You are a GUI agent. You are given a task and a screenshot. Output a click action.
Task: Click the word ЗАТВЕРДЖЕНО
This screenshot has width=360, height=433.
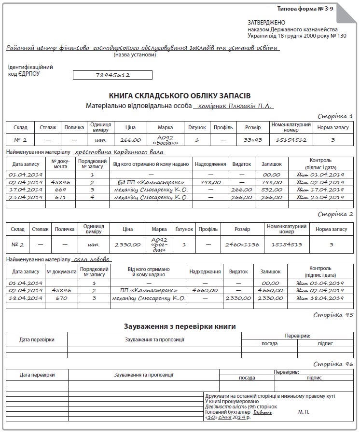tap(266, 23)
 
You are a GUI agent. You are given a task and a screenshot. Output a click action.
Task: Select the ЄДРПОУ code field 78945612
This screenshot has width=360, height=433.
tap(113, 75)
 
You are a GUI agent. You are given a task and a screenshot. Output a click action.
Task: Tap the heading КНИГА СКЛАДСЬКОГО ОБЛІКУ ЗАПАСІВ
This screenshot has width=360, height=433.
tap(180, 96)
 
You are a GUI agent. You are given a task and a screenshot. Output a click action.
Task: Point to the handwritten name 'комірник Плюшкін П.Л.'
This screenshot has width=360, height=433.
tap(235, 106)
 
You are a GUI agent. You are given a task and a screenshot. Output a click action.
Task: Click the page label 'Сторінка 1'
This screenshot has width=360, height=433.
tap(336, 116)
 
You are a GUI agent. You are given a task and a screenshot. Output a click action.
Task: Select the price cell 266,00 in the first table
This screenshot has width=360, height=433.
tap(130, 140)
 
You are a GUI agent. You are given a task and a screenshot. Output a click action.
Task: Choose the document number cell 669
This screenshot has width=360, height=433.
tap(60, 190)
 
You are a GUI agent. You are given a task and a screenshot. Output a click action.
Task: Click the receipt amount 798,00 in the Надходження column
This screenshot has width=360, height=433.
tap(210, 183)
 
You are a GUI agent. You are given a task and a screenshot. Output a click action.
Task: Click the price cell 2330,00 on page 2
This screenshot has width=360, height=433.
tap(127, 244)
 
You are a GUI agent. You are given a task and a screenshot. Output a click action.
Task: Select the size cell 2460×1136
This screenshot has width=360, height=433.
tap(242, 244)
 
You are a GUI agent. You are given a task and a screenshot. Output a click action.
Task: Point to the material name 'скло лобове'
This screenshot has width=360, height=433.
tap(93, 259)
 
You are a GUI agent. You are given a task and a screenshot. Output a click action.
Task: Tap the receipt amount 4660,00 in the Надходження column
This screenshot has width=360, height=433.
tap(205, 291)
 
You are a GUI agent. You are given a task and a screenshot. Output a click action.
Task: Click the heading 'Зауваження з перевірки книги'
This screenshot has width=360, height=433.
tap(180, 326)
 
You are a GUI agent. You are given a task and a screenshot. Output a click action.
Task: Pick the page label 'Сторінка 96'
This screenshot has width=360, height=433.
tap(333, 365)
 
